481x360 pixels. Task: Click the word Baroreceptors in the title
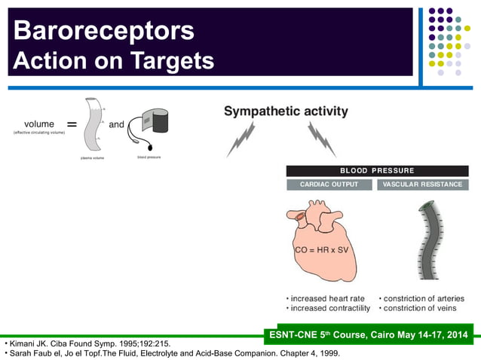[103, 30]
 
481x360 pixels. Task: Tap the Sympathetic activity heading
[286, 111]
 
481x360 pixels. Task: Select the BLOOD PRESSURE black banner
[377, 171]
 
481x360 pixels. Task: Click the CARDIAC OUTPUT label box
[329, 185]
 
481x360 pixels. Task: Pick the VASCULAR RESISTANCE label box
[422, 185]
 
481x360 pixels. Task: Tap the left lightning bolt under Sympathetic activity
[243, 140]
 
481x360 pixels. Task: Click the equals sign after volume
[72, 125]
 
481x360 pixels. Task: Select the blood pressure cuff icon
[148, 130]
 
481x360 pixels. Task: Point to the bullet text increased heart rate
[326, 299]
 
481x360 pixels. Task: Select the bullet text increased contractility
[329, 309]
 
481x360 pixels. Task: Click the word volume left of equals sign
[39, 124]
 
